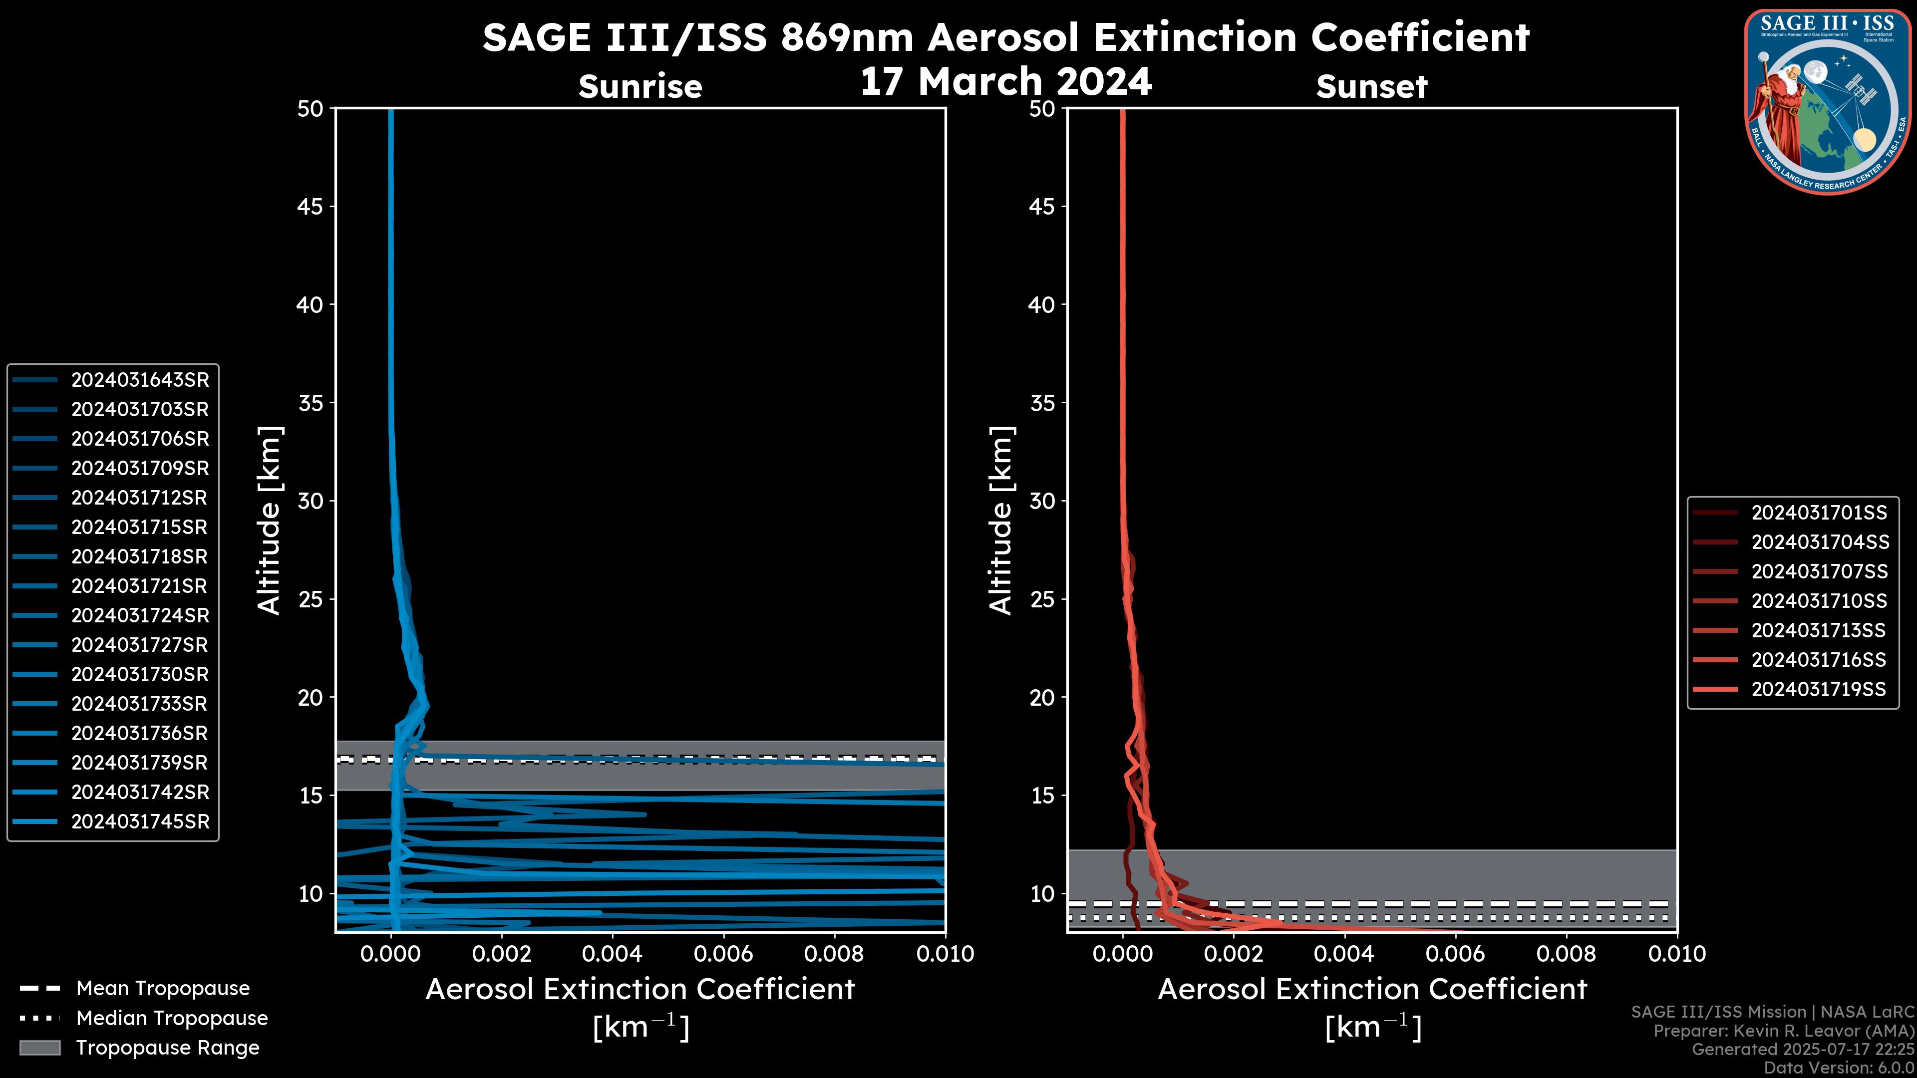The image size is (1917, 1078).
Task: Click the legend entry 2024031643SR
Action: coord(140,380)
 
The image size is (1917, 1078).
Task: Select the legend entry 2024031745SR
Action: coord(140,822)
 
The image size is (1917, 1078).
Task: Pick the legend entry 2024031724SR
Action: coord(140,616)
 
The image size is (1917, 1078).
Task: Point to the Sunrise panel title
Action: coord(640,87)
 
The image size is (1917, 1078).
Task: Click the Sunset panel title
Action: coord(1371,87)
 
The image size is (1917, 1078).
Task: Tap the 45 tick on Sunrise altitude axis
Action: coord(311,207)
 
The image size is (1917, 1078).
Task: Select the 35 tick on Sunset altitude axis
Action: coord(1042,403)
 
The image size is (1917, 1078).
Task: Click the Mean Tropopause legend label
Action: coord(163,989)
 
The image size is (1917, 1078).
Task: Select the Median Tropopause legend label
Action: coord(172,1019)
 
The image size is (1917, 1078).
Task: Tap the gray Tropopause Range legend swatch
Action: coord(39,1048)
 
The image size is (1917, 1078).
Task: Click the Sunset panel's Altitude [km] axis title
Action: coord(1001,520)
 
